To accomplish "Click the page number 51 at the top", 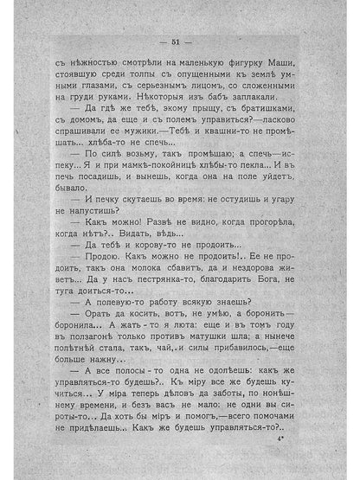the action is click(180, 41).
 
